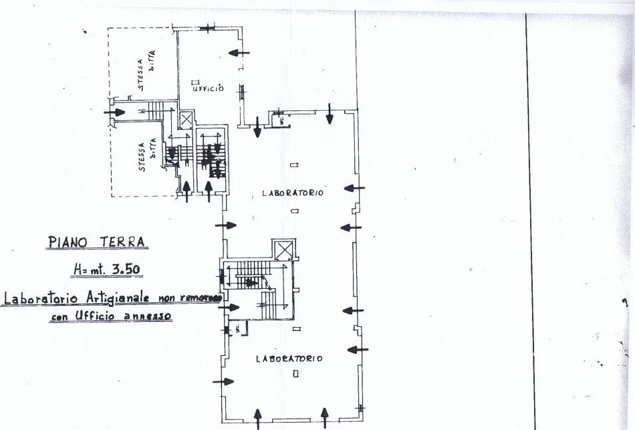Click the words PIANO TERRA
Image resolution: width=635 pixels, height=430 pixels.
pyautogui.click(x=98, y=241)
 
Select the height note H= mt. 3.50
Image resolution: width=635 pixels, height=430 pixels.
pyautogui.click(x=108, y=270)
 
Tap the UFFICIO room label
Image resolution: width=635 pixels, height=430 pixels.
pyautogui.click(x=207, y=89)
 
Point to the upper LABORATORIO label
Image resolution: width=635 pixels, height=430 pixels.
pyautogui.click(x=293, y=193)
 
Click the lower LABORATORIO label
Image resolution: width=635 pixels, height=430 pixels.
pyautogui.click(x=289, y=358)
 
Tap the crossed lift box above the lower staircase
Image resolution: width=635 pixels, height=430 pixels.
pyautogui.click(x=285, y=250)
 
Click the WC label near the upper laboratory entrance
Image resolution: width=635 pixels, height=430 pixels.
pyautogui.click(x=282, y=120)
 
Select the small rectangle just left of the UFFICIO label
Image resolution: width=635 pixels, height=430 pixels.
pyautogui.click(x=193, y=82)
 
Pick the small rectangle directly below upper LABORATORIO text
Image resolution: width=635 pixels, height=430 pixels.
pyautogui.click(x=295, y=211)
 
